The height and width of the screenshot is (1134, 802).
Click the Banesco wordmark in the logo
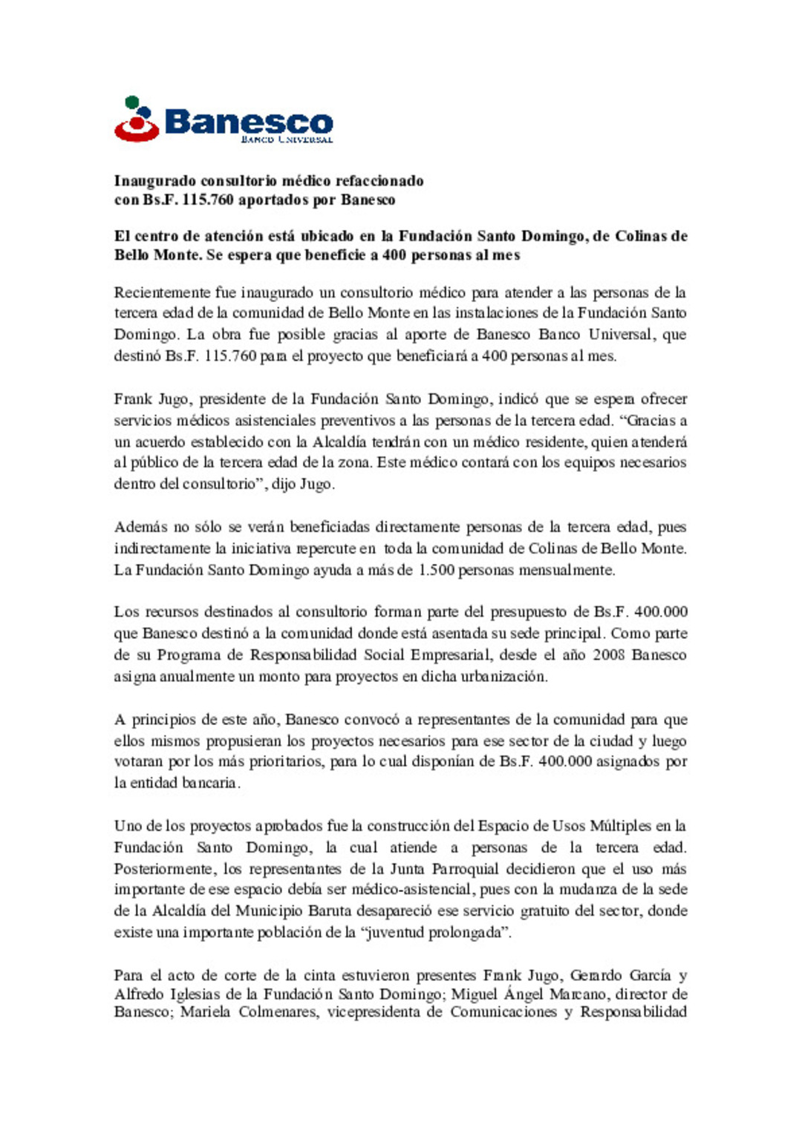(248, 121)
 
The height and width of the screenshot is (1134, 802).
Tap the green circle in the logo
(132, 102)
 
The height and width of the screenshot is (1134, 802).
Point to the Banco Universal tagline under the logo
(286, 139)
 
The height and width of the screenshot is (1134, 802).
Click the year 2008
(609, 655)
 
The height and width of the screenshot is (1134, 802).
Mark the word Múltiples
(621, 826)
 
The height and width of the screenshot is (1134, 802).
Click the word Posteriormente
(165, 869)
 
